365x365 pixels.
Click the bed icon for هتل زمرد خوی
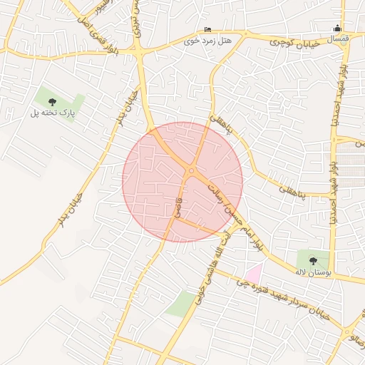coord(207,29)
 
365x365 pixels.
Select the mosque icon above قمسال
coord(337,28)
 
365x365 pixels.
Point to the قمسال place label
coord(336,38)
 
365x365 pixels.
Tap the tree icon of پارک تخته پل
coord(51,102)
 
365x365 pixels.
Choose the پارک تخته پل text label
coord(52,113)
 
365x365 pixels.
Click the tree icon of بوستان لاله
coord(314,260)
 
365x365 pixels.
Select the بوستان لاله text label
coord(311,272)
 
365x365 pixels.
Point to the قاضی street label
coord(178,207)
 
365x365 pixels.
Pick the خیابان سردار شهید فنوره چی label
coord(284,299)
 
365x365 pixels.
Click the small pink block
coord(254,272)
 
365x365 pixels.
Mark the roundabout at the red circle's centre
coord(192,170)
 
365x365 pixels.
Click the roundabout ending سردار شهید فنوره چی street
coord(347,332)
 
